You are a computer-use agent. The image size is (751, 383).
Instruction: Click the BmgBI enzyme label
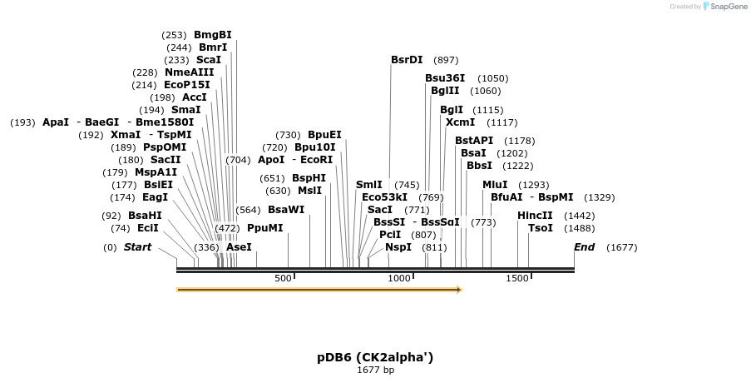(212, 35)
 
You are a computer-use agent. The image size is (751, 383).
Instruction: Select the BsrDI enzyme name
(407, 60)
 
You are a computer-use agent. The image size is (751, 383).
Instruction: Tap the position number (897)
(446, 60)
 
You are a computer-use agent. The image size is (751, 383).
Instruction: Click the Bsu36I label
(445, 78)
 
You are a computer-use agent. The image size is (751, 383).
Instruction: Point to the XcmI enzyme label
(460, 122)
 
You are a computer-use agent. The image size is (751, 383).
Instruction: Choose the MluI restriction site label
(495, 185)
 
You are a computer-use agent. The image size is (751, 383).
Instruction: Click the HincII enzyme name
(535, 216)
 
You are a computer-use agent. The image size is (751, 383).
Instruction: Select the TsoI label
(540, 228)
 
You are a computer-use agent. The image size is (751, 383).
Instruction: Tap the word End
(584, 247)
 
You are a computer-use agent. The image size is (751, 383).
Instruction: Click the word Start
(137, 247)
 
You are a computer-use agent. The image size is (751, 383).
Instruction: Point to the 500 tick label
(283, 278)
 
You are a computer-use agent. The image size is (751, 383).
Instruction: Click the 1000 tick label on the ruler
(399, 278)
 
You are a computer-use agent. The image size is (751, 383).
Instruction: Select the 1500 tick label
(517, 278)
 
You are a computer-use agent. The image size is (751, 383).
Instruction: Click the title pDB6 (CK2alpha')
(375, 357)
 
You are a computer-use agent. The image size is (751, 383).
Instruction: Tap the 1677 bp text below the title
(375, 370)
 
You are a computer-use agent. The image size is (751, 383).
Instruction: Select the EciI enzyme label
(148, 228)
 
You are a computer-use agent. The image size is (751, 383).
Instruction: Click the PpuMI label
(264, 228)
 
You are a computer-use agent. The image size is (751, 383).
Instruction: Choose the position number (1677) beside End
(621, 247)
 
